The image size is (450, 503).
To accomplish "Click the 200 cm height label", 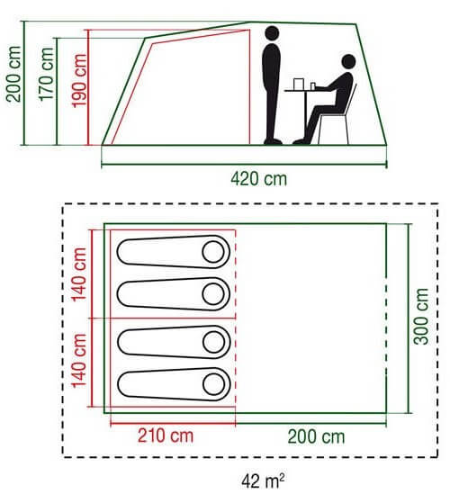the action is point(13,74).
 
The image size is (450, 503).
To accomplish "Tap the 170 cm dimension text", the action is point(46,75).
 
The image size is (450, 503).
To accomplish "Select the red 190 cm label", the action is point(79,80).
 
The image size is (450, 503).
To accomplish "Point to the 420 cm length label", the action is point(259,179).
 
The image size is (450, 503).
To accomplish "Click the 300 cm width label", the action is point(421,317).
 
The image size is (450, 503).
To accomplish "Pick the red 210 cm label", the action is point(166,436).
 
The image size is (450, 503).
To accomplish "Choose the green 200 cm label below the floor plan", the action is point(316,436).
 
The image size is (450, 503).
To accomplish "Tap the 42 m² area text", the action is point(263,481).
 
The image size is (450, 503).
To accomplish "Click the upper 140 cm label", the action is point(79,274).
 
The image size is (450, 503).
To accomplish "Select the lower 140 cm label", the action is point(79,361).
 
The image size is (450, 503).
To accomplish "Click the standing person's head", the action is point(273,33).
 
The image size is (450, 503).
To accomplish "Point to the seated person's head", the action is point(348,61).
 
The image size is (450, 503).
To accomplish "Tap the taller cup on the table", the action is point(298,85).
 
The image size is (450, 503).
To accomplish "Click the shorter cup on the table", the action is point(313,86).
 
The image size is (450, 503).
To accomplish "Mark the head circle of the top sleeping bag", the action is point(213,252).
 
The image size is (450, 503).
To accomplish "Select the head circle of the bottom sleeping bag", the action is point(214,384).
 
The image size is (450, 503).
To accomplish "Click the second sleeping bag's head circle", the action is point(213,294).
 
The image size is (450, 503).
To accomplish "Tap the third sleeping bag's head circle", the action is point(214,342).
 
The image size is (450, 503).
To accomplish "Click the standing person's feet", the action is point(273,141).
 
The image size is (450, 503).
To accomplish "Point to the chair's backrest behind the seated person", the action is point(351,100).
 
